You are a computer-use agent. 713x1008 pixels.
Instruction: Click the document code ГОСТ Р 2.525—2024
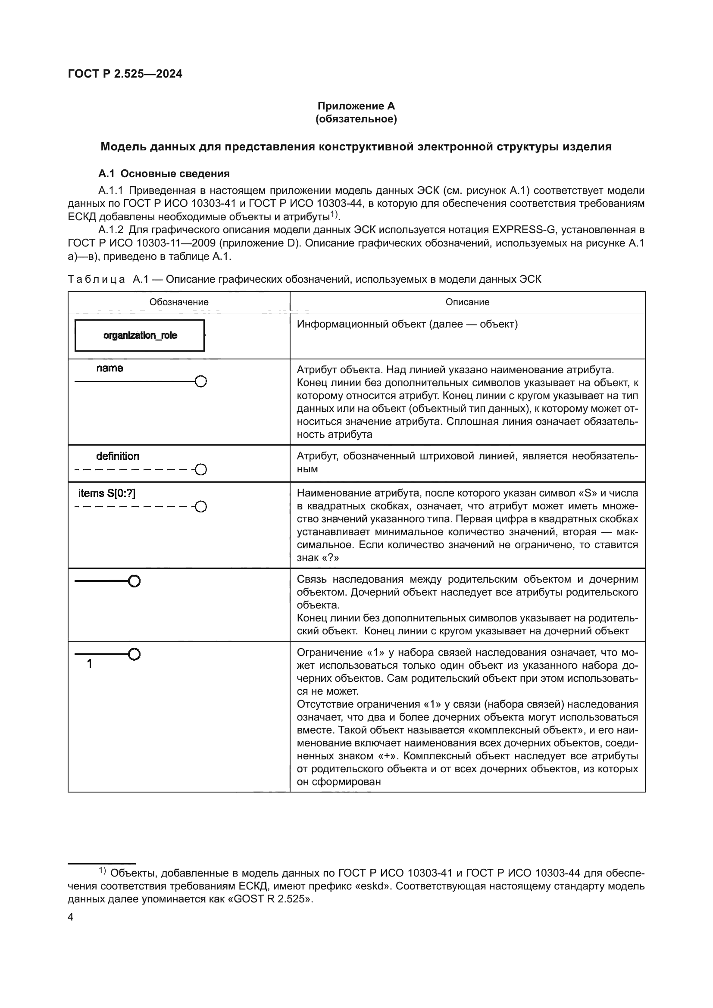click(125, 74)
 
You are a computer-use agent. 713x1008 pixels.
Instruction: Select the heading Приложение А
click(356, 106)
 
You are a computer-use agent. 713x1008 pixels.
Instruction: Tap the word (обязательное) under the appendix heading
click(356, 119)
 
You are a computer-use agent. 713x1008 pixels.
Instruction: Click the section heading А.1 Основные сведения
click(164, 173)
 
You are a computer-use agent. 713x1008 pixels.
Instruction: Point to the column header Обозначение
click(179, 302)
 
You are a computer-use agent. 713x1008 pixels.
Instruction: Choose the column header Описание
click(467, 302)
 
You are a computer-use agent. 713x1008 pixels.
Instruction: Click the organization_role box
click(140, 335)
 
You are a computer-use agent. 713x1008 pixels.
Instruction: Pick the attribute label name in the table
click(109, 368)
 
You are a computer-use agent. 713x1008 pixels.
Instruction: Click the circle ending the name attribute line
click(200, 382)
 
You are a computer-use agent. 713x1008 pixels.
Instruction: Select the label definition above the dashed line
click(118, 456)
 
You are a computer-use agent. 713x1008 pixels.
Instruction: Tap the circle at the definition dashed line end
click(200, 470)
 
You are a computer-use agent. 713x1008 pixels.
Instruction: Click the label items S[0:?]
click(106, 493)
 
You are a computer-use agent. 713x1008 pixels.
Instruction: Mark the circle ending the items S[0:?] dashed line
click(200, 507)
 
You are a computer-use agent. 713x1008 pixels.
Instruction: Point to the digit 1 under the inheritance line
click(90, 664)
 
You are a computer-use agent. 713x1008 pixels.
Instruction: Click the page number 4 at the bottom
click(71, 917)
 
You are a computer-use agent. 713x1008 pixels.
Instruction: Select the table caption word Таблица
click(96, 279)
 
